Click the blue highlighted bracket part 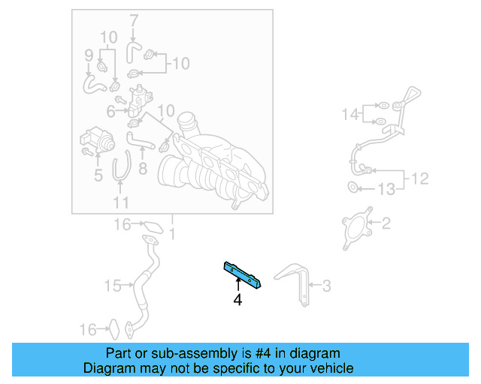click(x=242, y=275)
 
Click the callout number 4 click(x=237, y=300)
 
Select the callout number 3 click(x=326, y=285)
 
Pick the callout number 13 click(x=386, y=190)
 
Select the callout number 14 click(x=352, y=114)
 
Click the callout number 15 click(x=113, y=285)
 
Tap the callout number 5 click(x=98, y=176)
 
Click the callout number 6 click(x=110, y=112)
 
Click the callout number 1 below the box click(x=173, y=234)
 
